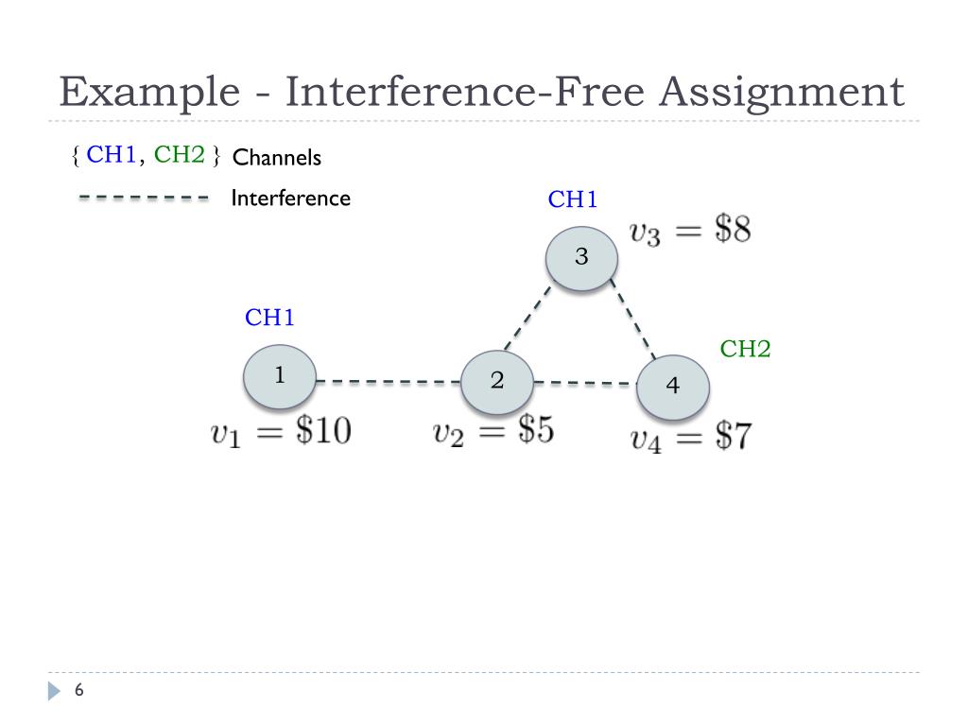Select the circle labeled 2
coord(497,381)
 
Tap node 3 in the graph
coord(581,256)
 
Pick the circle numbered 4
coord(672,387)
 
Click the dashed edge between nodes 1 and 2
coord(388,381)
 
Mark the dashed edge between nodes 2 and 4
coord(584,383)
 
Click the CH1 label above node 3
coord(573,199)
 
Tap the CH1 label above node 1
coord(269,318)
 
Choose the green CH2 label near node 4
coord(745,349)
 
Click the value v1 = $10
coord(281,433)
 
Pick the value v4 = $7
coord(691,439)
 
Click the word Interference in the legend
coord(290,199)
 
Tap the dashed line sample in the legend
coord(143,199)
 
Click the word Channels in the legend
coord(277,158)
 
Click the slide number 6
coord(79,691)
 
